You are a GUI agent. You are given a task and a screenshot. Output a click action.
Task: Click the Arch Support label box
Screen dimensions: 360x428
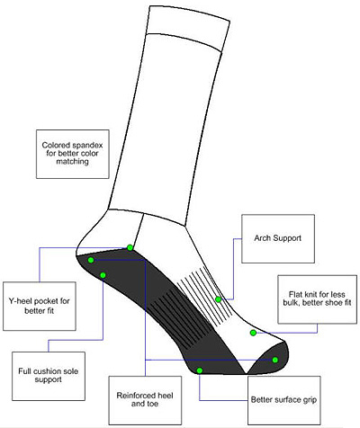278,239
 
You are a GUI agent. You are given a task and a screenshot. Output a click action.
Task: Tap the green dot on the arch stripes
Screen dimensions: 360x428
219,299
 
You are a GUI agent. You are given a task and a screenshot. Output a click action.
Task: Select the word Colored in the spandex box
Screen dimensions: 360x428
55,146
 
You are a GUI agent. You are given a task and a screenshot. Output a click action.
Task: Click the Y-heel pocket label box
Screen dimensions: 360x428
40,306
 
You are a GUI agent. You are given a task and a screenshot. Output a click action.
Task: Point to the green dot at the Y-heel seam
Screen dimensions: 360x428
130,247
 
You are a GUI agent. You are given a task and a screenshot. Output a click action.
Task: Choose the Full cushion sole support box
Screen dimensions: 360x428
49,376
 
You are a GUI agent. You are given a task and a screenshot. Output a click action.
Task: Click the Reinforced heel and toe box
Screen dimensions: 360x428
145,400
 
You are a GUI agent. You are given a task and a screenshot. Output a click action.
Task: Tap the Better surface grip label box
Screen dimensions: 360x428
284,400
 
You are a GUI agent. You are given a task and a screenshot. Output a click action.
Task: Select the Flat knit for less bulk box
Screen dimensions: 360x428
318,299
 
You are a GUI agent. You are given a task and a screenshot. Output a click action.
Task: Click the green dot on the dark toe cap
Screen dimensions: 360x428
275,360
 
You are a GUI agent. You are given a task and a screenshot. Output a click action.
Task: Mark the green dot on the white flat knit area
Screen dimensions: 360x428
253,333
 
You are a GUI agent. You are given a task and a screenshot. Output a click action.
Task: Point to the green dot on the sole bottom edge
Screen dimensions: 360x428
200,370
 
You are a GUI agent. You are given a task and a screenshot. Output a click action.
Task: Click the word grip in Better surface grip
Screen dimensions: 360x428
310,400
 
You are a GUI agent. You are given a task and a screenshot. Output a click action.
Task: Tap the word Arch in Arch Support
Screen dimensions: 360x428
263,238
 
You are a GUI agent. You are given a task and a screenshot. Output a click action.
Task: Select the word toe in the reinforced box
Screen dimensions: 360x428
152,404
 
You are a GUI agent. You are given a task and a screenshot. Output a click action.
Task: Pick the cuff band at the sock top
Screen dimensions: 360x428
188,28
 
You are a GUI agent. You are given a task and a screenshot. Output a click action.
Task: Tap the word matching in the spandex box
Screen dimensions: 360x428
73,162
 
